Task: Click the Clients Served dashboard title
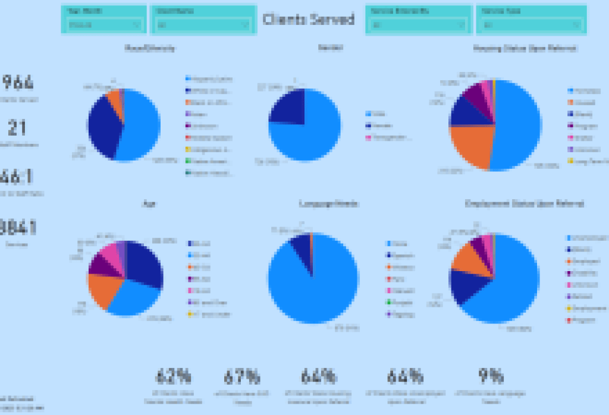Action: [x=309, y=19]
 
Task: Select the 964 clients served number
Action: [x=18, y=82]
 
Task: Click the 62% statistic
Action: [x=173, y=376]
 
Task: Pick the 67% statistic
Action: [x=242, y=376]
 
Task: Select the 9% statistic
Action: [x=491, y=376]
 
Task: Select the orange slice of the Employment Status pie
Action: [x=467, y=256]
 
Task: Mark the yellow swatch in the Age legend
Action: [x=190, y=314]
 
